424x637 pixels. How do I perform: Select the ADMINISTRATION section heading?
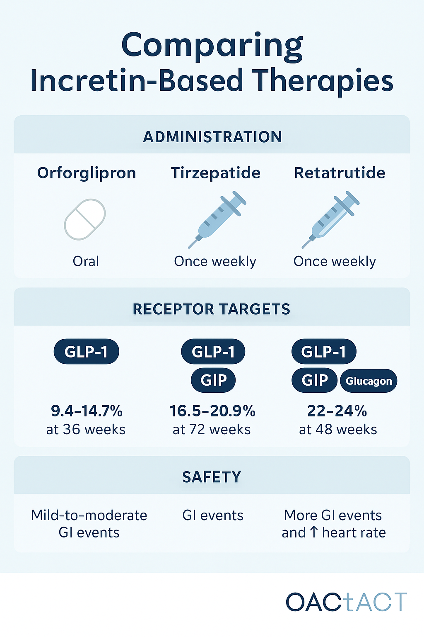212,137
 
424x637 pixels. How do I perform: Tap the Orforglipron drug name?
87,173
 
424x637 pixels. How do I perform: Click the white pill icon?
85,219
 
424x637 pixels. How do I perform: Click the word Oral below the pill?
86,261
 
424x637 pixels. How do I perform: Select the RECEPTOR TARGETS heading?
211,309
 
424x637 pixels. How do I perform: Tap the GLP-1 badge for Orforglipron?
86,352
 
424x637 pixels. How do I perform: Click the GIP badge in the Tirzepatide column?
213,380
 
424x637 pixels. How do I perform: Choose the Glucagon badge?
369,381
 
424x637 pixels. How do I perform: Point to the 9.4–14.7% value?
87,411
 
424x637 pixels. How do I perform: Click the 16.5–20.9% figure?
212,411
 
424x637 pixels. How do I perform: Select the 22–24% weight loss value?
337,411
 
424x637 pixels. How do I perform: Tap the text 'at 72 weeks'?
212,430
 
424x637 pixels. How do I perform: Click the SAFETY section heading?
211,477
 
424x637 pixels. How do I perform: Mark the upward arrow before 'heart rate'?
314,532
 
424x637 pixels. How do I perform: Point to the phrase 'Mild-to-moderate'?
89,515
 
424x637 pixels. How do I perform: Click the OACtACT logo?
346,602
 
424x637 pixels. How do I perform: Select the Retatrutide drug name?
340,173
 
